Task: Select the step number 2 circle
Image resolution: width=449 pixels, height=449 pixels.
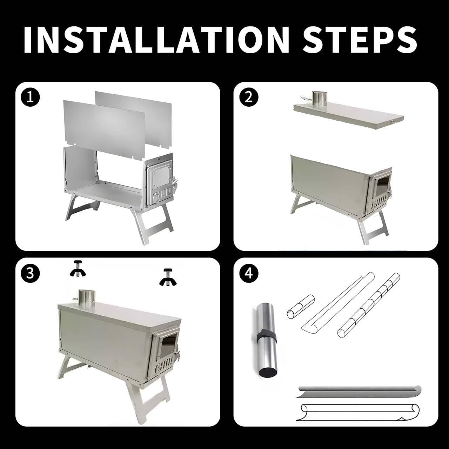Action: pos(249,98)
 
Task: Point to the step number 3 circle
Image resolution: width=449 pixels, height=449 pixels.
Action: pos(30,273)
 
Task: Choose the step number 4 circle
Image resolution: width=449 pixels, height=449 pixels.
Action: pos(249,273)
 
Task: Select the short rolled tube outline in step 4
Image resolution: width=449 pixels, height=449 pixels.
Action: pos(301,307)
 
